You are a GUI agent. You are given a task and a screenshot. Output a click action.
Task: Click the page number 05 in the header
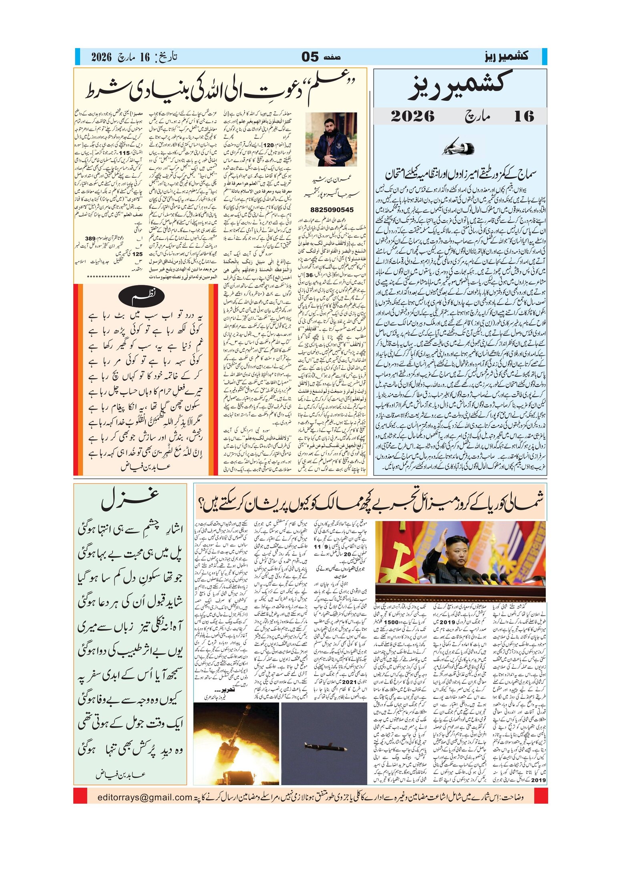(310, 57)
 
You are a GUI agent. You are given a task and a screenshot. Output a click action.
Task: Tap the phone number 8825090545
(332, 210)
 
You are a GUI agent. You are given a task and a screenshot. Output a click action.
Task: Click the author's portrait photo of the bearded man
(331, 139)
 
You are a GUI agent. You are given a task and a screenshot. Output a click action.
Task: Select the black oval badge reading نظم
(143, 296)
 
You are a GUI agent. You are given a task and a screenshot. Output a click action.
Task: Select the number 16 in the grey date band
(524, 116)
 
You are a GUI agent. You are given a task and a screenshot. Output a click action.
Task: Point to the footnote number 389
(90, 238)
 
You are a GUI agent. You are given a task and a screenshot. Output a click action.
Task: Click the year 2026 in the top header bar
(101, 57)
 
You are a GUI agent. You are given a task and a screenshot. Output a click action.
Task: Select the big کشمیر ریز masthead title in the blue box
(460, 86)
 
